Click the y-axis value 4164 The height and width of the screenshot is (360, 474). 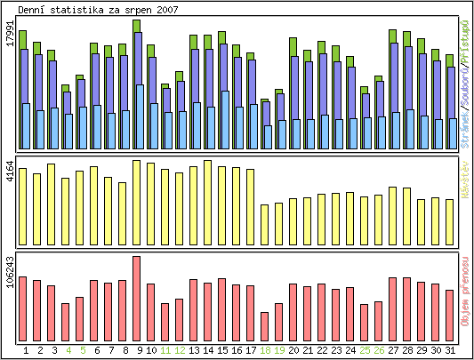pos(10,172)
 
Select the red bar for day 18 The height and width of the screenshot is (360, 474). pos(264,325)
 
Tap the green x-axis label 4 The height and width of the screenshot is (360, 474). pos(68,350)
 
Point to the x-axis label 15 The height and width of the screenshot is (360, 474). pos(221,350)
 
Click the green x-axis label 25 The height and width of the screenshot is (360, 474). pos(364,350)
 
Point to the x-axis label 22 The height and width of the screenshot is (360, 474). pos(321,350)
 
